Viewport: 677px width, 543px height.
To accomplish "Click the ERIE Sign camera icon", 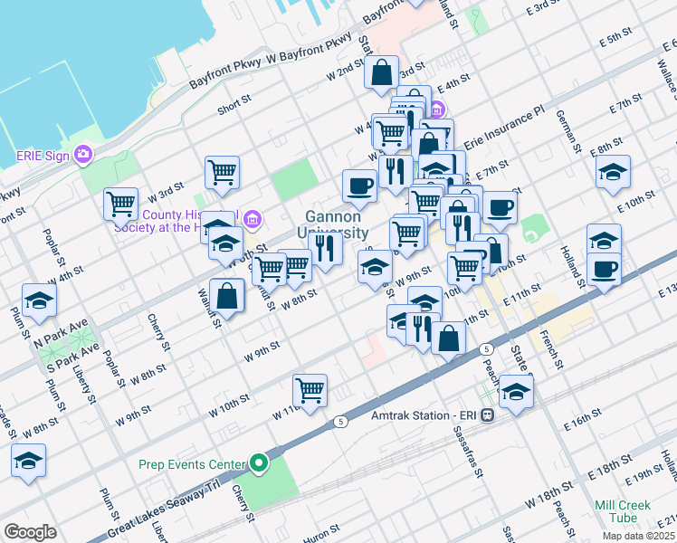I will pyautogui.click(x=84, y=155).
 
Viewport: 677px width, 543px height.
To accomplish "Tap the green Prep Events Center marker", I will pyautogui.click(x=259, y=465).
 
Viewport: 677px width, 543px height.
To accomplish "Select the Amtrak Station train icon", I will pyautogui.click(x=487, y=415).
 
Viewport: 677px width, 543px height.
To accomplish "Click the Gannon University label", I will pyautogui.click(x=332, y=224).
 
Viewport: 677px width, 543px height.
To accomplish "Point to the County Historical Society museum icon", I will pyautogui.click(x=253, y=218).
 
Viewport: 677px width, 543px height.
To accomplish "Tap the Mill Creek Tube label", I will pyautogui.click(x=622, y=511).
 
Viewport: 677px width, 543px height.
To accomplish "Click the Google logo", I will pyautogui.click(x=30, y=532).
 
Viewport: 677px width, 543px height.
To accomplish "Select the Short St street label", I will pyautogui.click(x=234, y=110).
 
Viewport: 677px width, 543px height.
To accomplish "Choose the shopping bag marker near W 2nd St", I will pyautogui.click(x=382, y=72).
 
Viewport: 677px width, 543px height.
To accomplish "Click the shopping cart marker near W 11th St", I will pyautogui.click(x=310, y=390).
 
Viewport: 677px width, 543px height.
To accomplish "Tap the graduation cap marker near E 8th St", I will pyautogui.click(x=613, y=172).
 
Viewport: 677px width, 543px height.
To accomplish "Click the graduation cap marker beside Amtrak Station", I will pyautogui.click(x=516, y=391).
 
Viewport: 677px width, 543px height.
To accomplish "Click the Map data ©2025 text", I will pyautogui.click(x=639, y=536).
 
